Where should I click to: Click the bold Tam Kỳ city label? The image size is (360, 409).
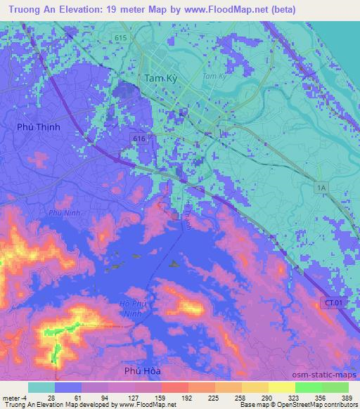tap(160, 79)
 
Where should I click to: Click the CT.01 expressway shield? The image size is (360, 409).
tap(334, 302)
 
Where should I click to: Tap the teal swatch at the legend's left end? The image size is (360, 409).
tap(41, 387)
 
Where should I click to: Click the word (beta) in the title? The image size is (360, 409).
tap(281, 10)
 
